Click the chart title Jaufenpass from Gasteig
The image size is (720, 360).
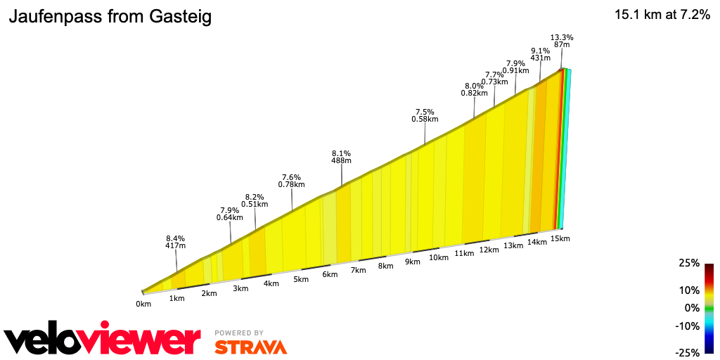click(110, 18)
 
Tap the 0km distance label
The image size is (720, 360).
click(143, 304)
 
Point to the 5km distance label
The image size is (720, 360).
click(301, 279)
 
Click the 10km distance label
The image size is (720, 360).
click(439, 257)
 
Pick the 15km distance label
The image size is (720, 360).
click(560, 238)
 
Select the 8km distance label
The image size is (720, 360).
click(385, 266)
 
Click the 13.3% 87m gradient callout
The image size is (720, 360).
click(561, 41)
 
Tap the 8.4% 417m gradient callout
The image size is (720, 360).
click(175, 241)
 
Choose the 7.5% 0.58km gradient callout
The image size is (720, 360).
click(425, 115)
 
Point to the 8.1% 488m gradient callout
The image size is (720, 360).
click(341, 157)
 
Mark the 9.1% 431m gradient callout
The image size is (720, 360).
click(540, 54)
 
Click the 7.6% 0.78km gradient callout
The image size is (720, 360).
click(291, 181)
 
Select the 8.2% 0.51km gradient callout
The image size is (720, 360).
click(255, 200)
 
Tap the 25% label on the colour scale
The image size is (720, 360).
click(689, 263)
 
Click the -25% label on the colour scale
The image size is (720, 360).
click(688, 352)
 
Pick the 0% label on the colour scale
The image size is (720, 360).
click(692, 308)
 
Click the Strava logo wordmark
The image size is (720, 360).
click(250, 347)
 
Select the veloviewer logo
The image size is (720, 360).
click(103, 340)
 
